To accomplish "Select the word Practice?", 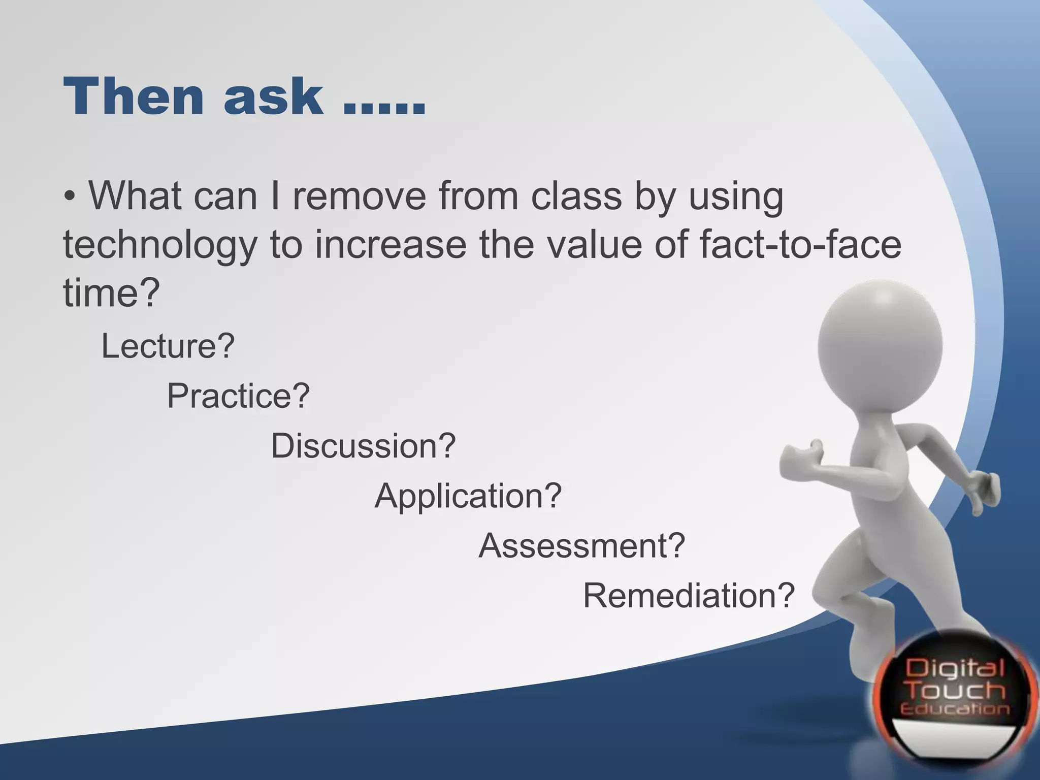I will coord(238,396).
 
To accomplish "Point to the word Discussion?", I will coord(363,445).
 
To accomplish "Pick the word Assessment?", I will coord(582,545).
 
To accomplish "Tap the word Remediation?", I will coord(688,595).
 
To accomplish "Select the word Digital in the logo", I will coord(955,667).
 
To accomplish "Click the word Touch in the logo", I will coord(956,690).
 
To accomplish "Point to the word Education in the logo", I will coord(955,709).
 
